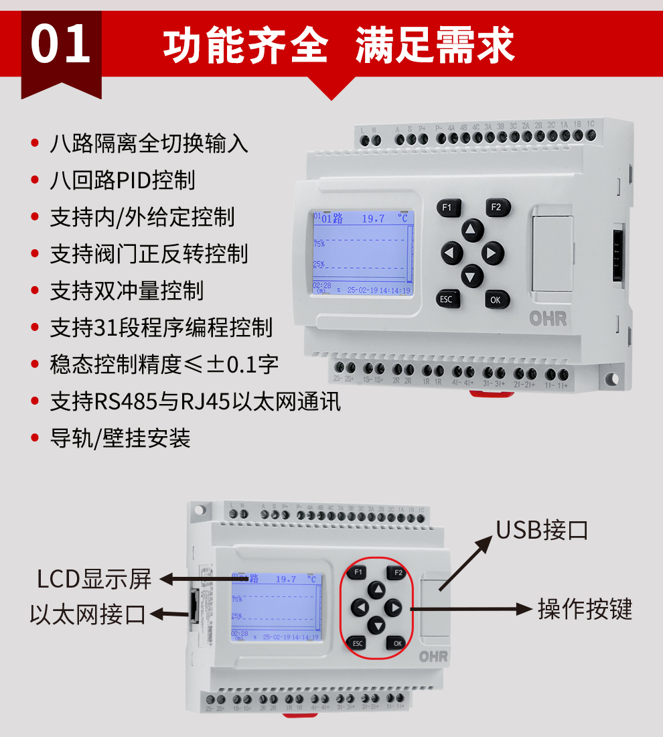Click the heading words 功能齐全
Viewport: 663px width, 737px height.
coord(245,46)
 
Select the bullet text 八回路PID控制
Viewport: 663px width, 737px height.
coord(122,180)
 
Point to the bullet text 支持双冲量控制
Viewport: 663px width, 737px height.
coord(126,291)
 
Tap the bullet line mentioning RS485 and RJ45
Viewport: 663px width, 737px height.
coord(195,401)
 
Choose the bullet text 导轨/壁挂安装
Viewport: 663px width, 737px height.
coord(120,438)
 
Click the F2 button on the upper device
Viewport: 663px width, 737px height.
coord(496,207)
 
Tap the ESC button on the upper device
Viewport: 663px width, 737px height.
coord(446,299)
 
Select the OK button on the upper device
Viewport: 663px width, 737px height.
coord(496,299)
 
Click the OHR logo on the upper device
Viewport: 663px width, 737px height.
coord(548,319)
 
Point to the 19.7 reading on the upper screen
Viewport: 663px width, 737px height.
coord(373,218)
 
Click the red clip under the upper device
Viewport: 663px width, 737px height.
coord(491,393)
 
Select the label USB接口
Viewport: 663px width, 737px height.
coord(542,529)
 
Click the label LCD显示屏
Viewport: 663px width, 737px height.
coord(94,579)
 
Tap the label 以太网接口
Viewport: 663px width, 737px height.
coord(88,614)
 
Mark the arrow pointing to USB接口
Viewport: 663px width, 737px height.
coord(465,563)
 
